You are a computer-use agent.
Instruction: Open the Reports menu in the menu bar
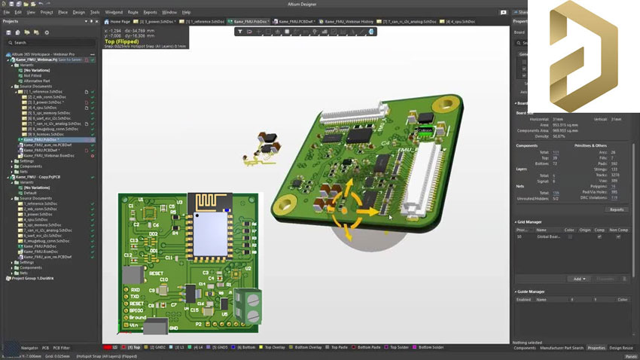[151, 12]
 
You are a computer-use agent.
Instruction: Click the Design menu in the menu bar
[79, 12]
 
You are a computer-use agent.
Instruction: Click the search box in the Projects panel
[49, 42]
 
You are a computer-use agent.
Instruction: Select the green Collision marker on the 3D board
[425, 130]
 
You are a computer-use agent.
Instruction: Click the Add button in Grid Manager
[578, 279]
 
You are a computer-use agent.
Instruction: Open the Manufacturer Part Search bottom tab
[561, 348]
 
